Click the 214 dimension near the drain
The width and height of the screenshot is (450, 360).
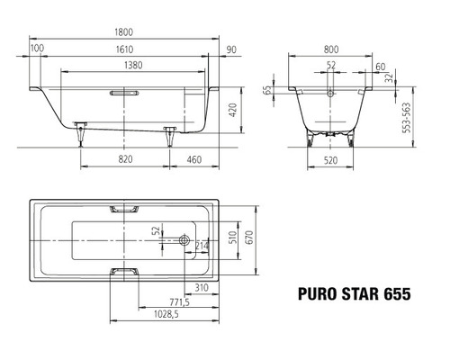pos(202,245)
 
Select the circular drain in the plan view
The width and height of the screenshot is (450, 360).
pos(184,240)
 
